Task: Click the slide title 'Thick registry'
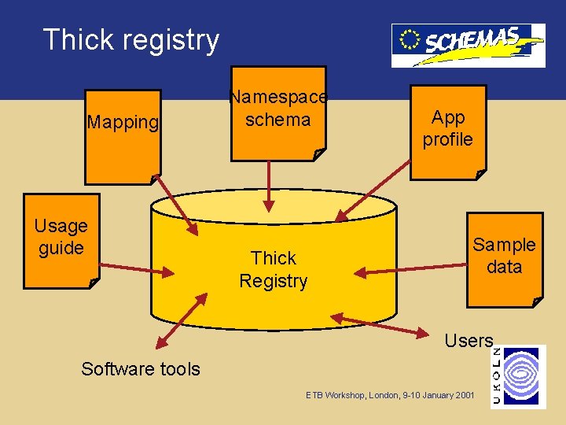coord(131,39)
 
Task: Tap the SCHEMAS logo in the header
coord(468,44)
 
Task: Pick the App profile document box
coord(447,130)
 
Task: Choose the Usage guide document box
coord(61,239)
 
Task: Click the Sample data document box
coord(504,258)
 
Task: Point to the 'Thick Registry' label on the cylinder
coord(273,269)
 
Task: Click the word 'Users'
coord(469,341)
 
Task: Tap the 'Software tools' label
coord(141,368)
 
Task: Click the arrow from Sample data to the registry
coord(409,269)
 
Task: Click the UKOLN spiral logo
coord(523,376)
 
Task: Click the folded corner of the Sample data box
coord(538,301)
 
